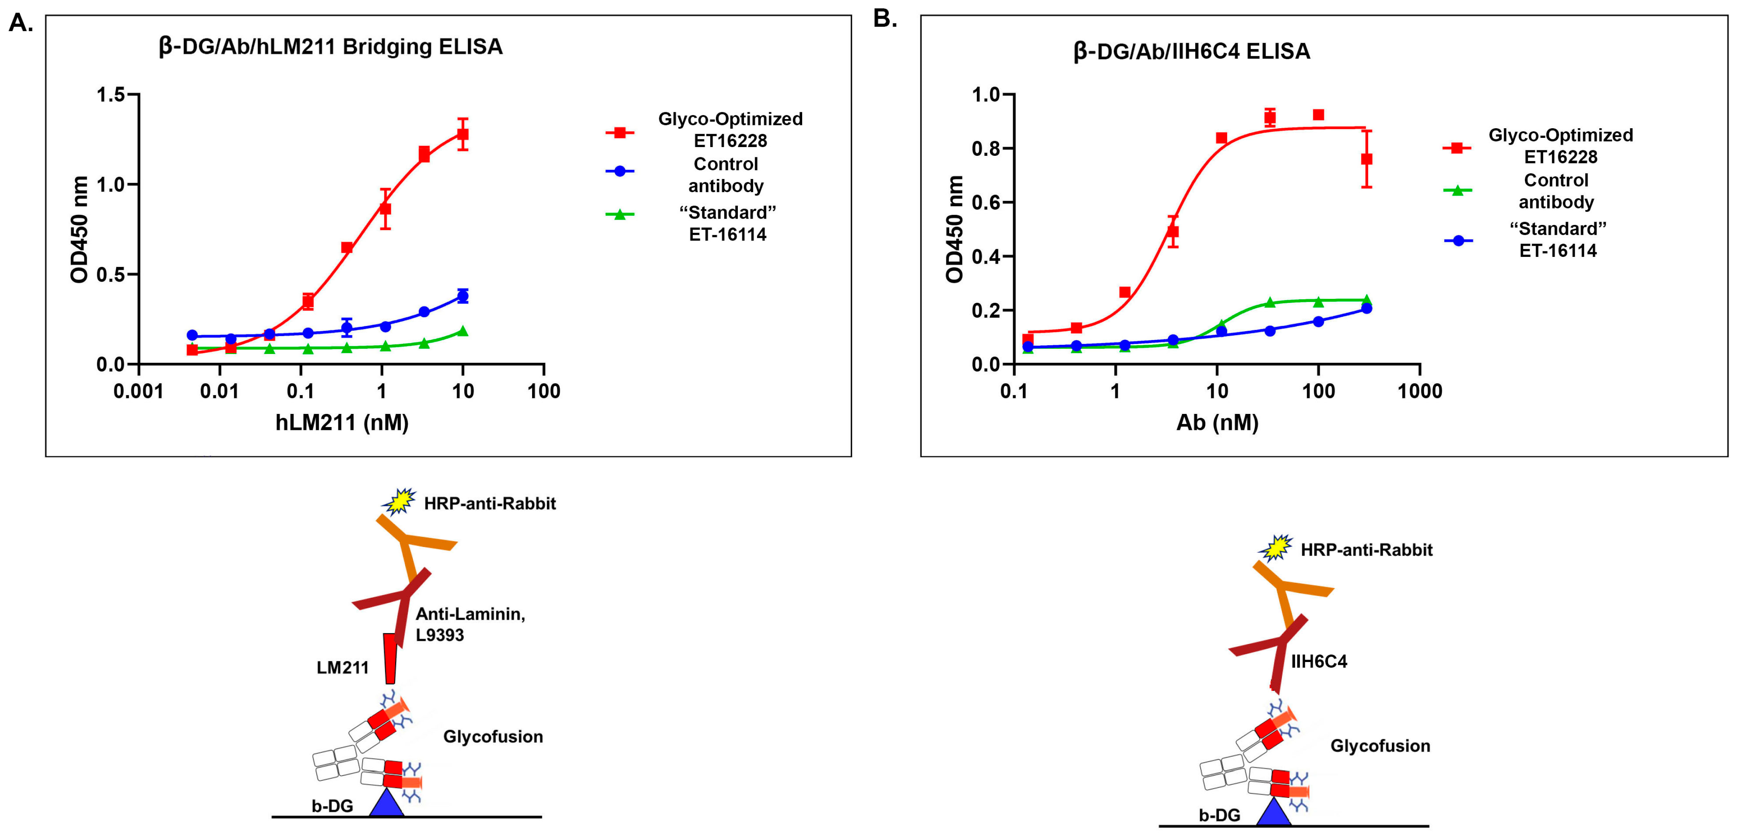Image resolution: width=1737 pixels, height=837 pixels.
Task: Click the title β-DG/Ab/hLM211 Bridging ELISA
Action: pyautogui.click(x=330, y=46)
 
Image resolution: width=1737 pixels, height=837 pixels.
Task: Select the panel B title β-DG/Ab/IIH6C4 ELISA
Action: pyautogui.click(x=1191, y=51)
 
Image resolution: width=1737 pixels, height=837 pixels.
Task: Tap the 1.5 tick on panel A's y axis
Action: pyautogui.click(x=111, y=94)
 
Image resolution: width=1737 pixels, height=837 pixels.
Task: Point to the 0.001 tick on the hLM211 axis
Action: pyautogui.click(x=138, y=391)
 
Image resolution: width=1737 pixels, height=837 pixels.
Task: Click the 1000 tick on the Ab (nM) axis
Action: pyautogui.click(x=1419, y=391)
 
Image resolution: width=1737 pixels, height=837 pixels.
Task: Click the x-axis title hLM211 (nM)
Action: pyautogui.click(x=342, y=423)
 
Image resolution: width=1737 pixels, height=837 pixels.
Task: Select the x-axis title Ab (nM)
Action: pyautogui.click(x=1217, y=423)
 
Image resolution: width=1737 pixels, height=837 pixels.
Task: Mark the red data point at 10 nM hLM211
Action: pyautogui.click(x=463, y=134)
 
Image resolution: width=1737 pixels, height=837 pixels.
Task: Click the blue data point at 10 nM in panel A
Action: pyautogui.click(x=463, y=296)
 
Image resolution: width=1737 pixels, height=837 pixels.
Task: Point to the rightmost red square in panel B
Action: pyautogui.click(x=1367, y=159)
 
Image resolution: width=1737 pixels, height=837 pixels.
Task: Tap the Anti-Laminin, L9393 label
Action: pyautogui.click(x=470, y=624)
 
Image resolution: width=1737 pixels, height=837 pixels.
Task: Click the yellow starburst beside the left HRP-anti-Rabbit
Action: pyautogui.click(x=399, y=501)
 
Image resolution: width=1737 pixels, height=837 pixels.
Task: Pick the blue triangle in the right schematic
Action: pyautogui.click(x=1274, y=812)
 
